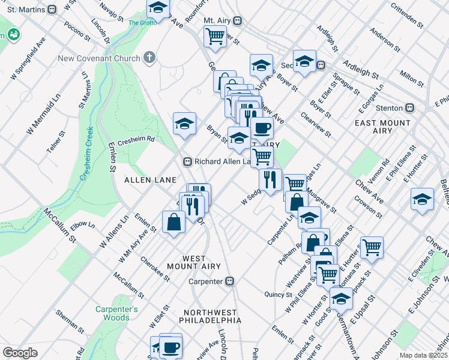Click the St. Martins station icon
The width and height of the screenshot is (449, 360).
click(x=52, y=9)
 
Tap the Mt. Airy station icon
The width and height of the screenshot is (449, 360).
click(x=238, y=20)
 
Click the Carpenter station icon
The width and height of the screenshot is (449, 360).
click(x=229, y=281)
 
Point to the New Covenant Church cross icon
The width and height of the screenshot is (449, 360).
click(x=149, y=58)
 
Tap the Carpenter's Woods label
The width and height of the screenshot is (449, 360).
click(x=116, y=313)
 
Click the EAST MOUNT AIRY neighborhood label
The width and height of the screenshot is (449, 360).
click(x=382, y=127)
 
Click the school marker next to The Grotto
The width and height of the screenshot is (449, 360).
click(x=157, y=8)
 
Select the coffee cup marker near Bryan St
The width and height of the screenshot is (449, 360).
click(x=261, y=127)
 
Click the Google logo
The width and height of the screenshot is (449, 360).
click(x=20, y=352)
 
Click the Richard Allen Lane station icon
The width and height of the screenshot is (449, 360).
click(x=187, y=161)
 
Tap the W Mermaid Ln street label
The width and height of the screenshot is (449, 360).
click(x=44, y=113)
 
